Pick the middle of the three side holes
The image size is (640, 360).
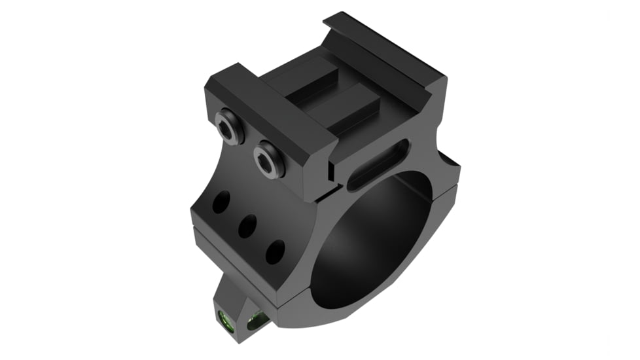pos(247,226)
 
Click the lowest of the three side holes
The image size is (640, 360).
pos(275,251)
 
